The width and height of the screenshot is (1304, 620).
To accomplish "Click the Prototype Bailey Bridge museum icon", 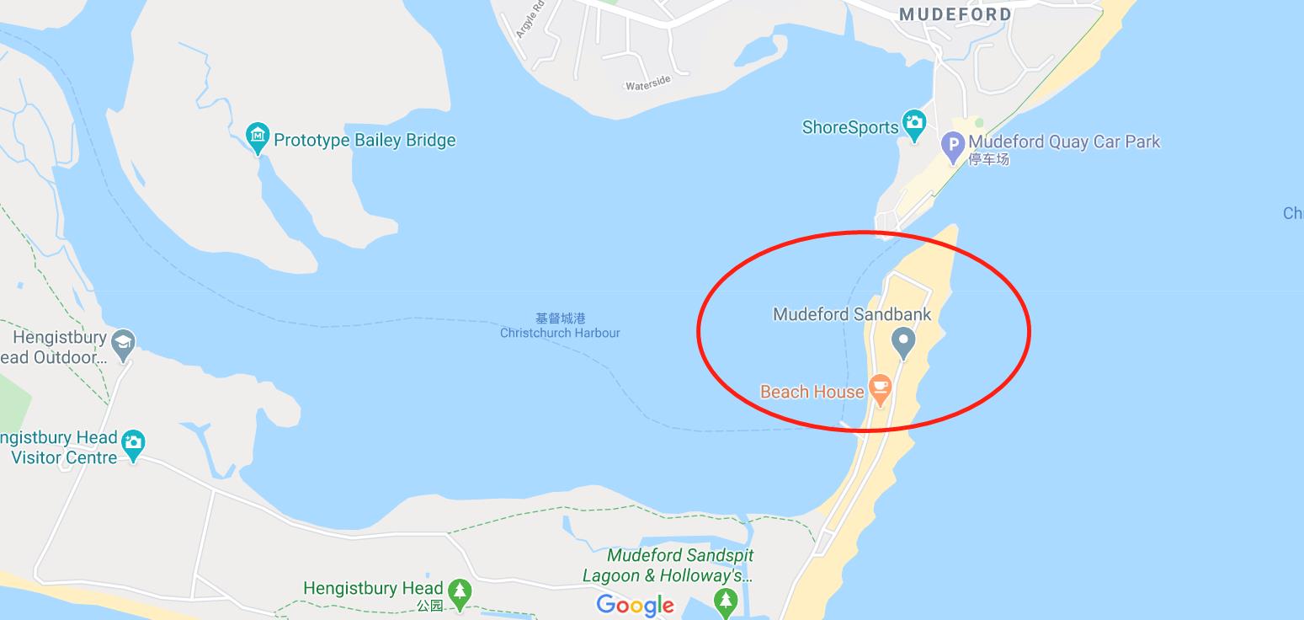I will tap(257, 136).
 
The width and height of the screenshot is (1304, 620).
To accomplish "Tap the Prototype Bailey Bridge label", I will tap(365, 141).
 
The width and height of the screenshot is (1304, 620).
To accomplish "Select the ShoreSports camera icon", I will tap(913, 123).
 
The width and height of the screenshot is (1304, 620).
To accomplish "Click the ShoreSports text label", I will tap(850, 128).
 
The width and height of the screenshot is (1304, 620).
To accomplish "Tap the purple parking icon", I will tap(952, 145).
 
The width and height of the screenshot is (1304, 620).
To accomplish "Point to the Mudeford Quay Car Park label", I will tap(1064, 142).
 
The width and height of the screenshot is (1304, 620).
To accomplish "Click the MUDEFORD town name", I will tap(955, 14).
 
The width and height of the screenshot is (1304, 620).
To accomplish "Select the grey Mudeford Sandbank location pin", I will tap(903, 342).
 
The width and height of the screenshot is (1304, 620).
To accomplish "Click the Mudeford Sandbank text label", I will tap(852, 314).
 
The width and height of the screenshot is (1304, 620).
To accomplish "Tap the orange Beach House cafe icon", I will tap(880, 388).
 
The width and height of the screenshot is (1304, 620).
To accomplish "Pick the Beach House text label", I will tap(812, 392).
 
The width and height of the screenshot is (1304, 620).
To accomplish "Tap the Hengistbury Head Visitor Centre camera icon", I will tap(133, 442).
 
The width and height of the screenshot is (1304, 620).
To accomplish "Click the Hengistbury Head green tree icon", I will tap(460, 591).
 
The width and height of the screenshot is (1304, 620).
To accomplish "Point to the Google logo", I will tap(636, 604).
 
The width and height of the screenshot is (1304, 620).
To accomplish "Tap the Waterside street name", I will tap(647, 83).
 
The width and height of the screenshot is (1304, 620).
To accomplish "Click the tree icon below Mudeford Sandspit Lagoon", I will tap(725, 601).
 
